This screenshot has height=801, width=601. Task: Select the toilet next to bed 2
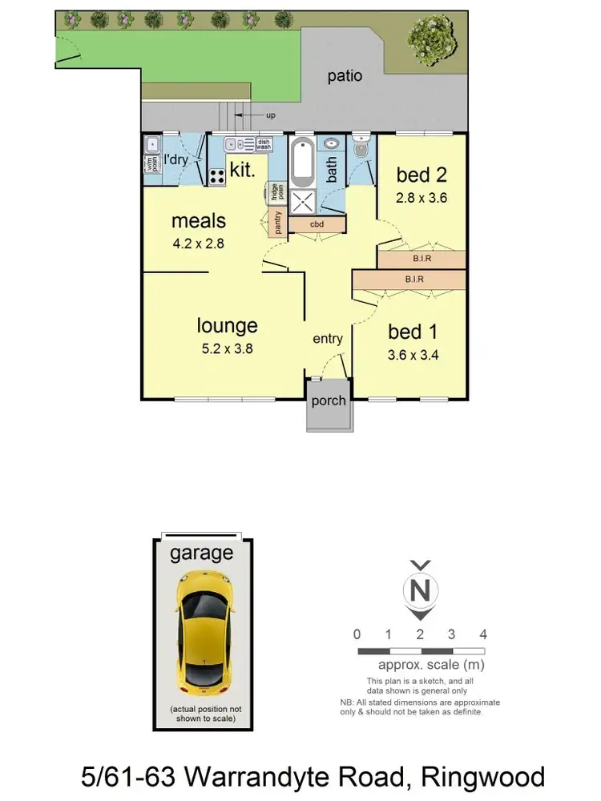[x=360, y=149]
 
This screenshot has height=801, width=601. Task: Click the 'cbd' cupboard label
[x=317, y=224]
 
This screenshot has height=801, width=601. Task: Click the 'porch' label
[x=329, y=400]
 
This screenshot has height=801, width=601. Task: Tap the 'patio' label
[x=345, y=76]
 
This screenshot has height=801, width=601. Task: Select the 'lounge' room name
[x=228, y=325]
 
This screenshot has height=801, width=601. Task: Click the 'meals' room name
[x=198, y=220]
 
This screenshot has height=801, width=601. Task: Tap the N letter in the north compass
[x=418, y=591]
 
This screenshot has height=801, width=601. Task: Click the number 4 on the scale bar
[x=482, y=634]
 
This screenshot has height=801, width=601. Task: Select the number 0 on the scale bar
[x=357, y=634]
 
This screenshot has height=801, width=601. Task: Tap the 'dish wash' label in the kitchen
[x=264, y=145]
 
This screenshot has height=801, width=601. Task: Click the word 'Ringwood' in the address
[x=486, y=775]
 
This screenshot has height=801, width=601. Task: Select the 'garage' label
[x=201, y=553]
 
